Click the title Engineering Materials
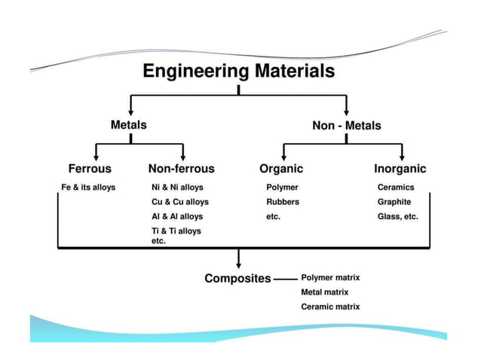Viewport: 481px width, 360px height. pyautogui.click(x=238, y=72)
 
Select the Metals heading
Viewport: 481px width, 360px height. pyautogui.click(x=129, y=125)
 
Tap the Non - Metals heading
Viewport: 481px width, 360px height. pyautogui.click(x=346, y=126)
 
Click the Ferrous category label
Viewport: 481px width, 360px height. pyautogui.click(x=90, y=169)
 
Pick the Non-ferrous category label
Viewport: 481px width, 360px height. pyautogui.click(x=181, y=169)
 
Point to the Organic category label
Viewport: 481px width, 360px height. pyautogui.click(x=281, y=169)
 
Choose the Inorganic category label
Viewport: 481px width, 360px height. pyautogui.click(x=400, y=169)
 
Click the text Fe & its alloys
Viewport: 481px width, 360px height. pyautogui.click(x=88, y=188)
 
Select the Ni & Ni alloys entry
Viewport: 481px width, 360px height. pyautogui.click(x=178, y=188)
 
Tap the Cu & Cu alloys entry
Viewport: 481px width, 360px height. pyautogui.click(x=180, y=202)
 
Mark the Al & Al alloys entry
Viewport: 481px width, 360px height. pyautogui.click(x=177, y=216)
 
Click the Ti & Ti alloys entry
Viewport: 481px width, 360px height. pyautogui.click(x=176, y=231)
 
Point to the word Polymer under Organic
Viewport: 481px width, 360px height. pyautogui.click(x=282, y=188)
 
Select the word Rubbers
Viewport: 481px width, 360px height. pyautogui.click(x=283, y=202)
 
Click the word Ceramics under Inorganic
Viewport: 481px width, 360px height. pyautogui.click(x=396, y=188)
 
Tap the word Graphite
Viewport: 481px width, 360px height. pyautogui.click(x=394, y=202)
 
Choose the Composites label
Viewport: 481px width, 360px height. pyautogui.click(x=237, y=279)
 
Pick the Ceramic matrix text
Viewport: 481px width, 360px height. pyautogui.click(x=330, y=307)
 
